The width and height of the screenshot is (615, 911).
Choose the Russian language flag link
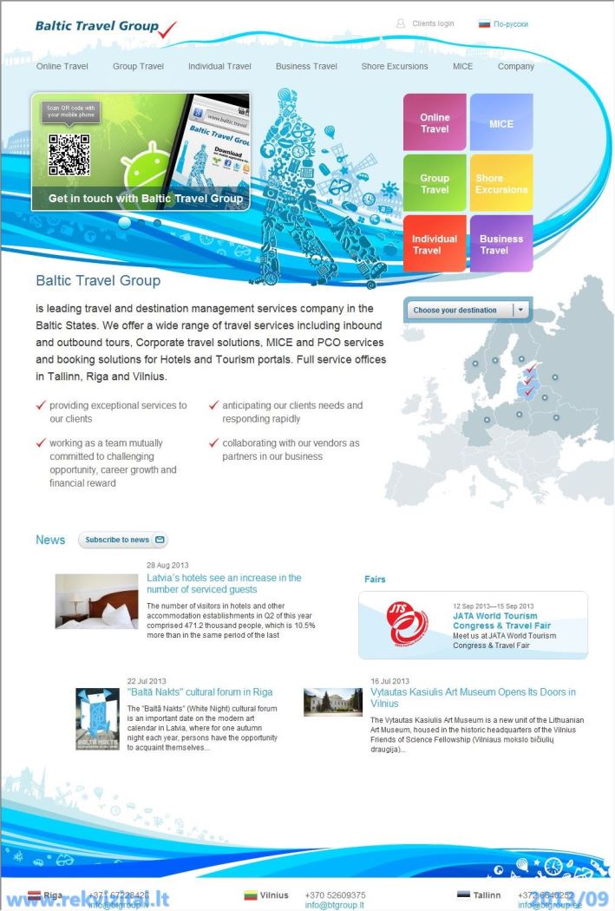[484, 24]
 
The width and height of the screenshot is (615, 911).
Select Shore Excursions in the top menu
[395, 67]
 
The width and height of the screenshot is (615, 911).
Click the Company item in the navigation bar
[516, 67]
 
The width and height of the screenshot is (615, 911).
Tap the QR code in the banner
[69, 155]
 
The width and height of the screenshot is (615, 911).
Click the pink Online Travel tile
[435, 123]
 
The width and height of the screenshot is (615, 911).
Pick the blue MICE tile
[501, 123]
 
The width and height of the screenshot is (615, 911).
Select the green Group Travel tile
[435, 183]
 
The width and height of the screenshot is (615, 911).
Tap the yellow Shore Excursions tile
[501, 183]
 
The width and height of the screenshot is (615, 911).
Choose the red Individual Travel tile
[435, 244]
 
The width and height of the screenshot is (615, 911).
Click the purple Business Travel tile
[501, 244]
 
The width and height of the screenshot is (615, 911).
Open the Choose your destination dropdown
[468, 310]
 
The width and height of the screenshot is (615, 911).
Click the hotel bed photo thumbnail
[96, 601]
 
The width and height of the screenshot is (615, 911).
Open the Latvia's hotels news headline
[224, 583]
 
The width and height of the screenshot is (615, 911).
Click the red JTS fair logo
[407, 623]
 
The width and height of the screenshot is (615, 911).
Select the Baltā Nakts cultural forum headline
[200, 692]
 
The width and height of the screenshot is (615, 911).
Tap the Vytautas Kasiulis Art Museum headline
[473, 698]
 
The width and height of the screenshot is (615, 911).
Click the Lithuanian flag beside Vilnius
[251, 895]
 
